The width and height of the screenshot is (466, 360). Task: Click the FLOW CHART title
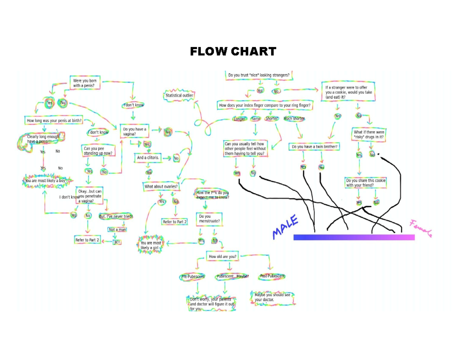pos(233,51)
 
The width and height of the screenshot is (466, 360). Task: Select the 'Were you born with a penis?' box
pos(84,83)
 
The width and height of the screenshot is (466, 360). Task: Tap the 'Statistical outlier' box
pos(179,96)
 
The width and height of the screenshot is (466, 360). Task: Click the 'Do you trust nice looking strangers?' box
pos(259,75)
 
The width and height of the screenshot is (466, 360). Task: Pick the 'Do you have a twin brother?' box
pos(315,147)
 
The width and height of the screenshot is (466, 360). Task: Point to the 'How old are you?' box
pos(222,257)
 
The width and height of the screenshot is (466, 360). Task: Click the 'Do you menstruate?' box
pos(210,219)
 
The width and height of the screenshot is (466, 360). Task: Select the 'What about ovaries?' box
pos(162,186)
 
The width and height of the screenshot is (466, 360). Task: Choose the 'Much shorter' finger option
pos(294,118)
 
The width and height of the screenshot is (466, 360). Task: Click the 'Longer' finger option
pos(239,119)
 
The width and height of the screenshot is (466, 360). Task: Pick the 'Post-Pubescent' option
pos(273,276)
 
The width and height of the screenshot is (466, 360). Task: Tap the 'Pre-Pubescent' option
pos(193,277)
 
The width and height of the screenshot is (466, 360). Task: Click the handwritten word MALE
pos(285,227)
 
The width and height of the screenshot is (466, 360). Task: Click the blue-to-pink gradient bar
pos(354,237)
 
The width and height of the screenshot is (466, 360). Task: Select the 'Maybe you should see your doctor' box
pos(272,297)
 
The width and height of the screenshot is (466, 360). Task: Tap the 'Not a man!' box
pos(117,230)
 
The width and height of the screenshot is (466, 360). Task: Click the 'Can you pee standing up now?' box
pos(98,151)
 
